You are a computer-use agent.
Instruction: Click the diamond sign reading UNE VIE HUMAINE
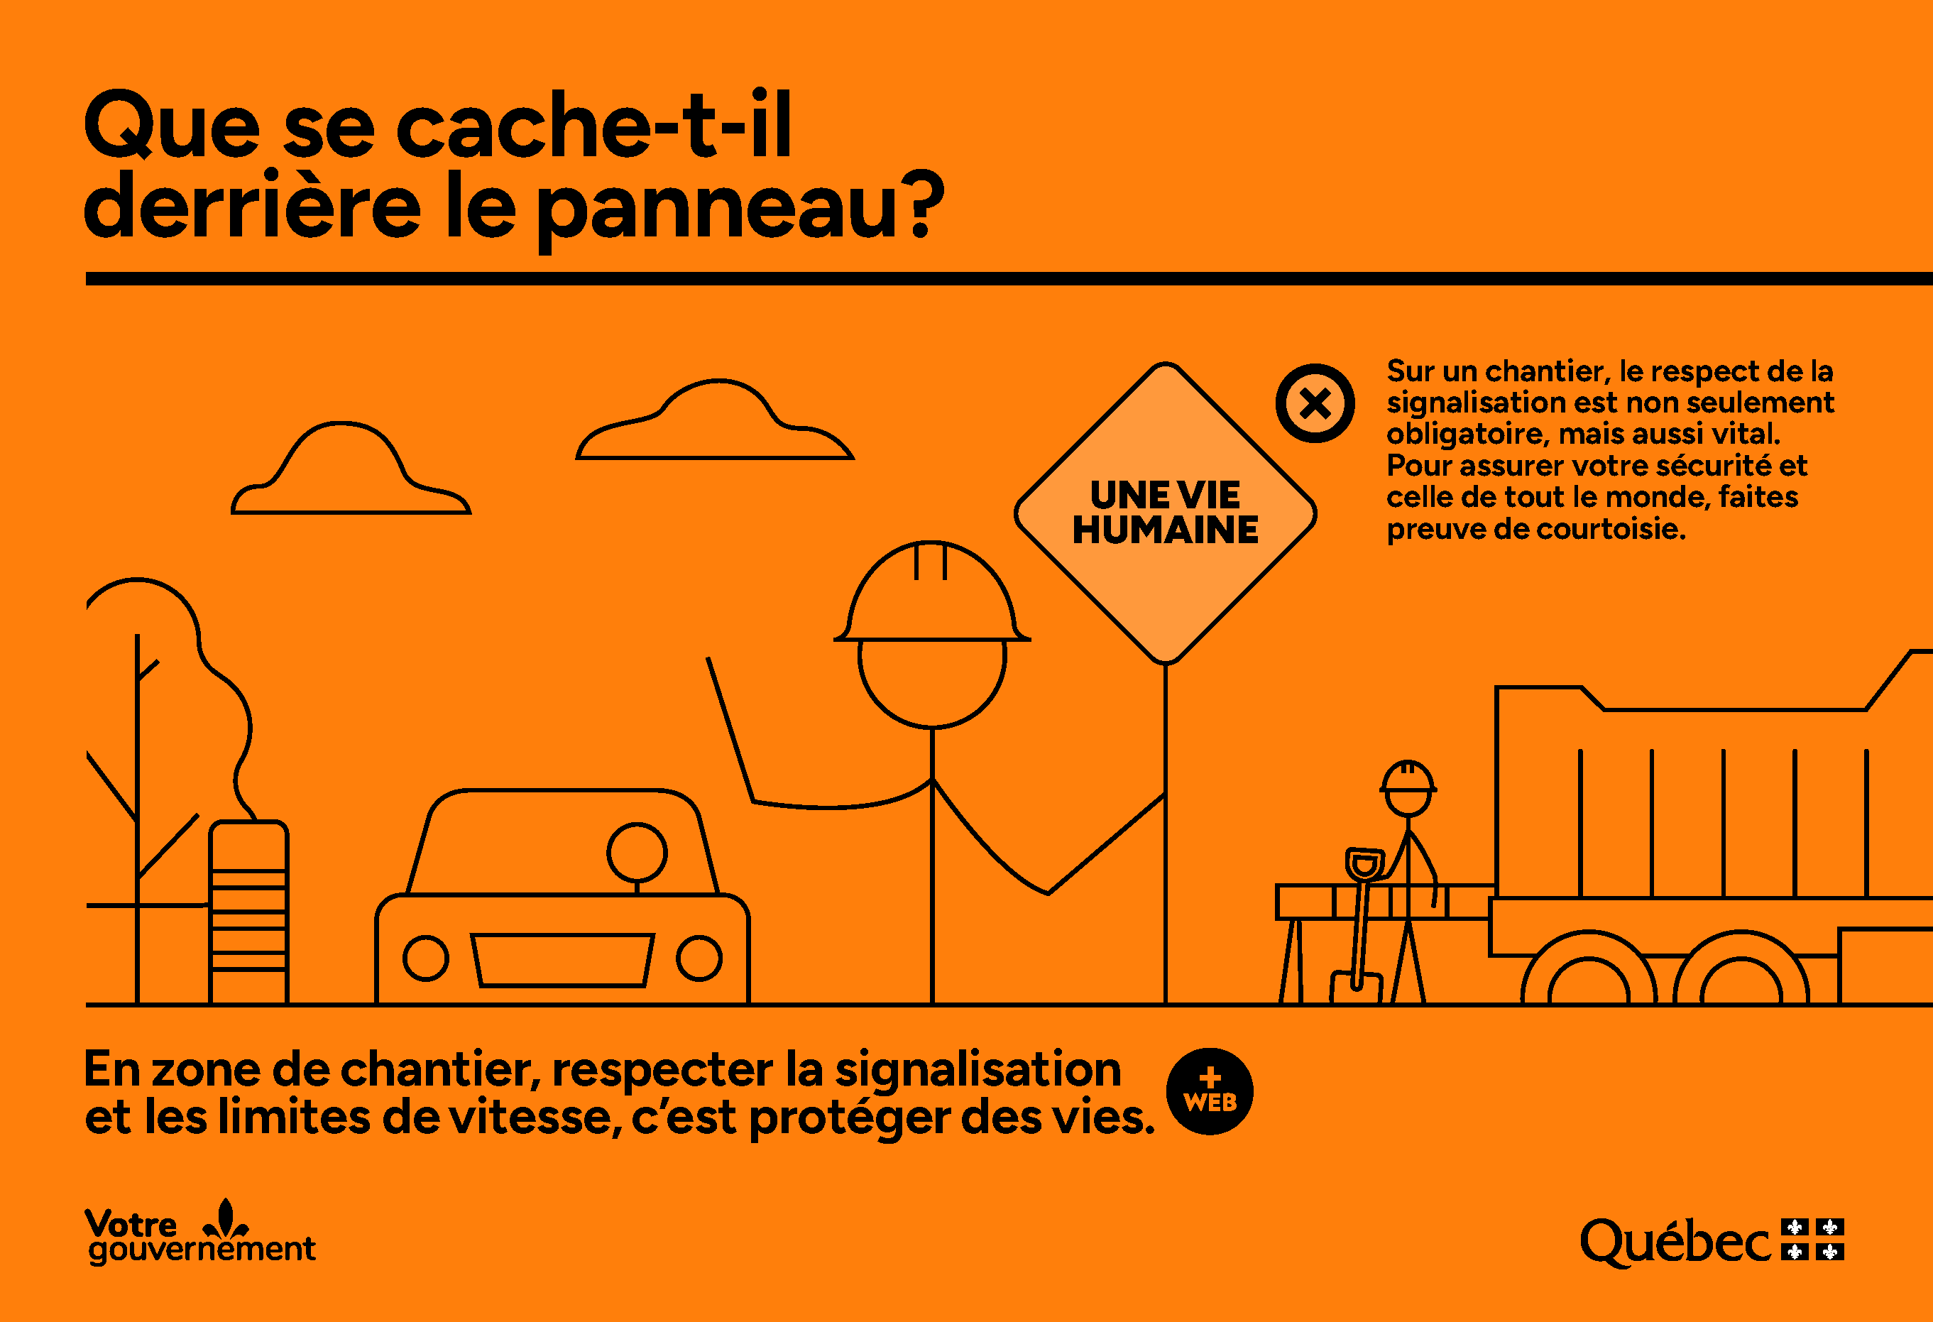[x=1166, y=513]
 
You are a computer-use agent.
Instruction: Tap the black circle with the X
[x=1315, y=403]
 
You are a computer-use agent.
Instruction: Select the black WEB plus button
[x=1210, y=1091]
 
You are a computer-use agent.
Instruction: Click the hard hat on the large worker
[x=931, y=591]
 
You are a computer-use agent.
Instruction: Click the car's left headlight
[x=426, y=958]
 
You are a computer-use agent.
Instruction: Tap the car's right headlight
[x=699, y=958]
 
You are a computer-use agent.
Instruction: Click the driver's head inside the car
[x=637, y=853]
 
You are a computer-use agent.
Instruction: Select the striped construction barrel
[x=248, y=912]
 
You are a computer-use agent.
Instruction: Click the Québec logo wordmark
[x=1675, y=1243]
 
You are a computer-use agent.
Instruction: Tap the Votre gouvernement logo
[x=200, y=1233]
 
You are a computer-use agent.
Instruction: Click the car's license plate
[x=562, y=960]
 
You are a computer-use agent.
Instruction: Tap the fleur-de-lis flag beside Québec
[x=1812, y=1240]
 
